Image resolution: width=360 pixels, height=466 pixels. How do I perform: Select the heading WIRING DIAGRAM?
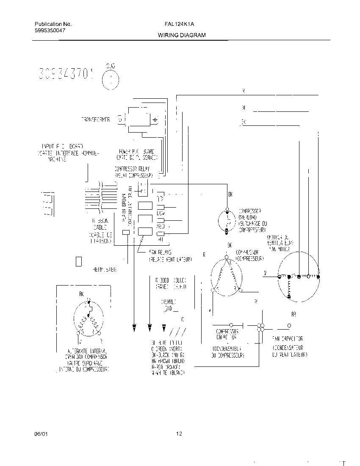pos(182,35)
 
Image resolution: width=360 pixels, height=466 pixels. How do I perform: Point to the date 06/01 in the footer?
pos(41,433)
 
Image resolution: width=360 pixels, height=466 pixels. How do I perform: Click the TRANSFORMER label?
pos(95,120)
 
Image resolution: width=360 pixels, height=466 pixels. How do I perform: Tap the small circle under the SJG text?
pos(111,80)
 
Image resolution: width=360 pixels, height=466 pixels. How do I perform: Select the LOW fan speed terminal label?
pos(161,213)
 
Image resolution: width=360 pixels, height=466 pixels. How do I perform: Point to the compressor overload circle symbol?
pos(227,220)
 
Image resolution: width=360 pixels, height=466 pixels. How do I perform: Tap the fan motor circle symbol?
pos(299,276)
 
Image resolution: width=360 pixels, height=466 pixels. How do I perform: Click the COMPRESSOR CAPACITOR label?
pos(227,334)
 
